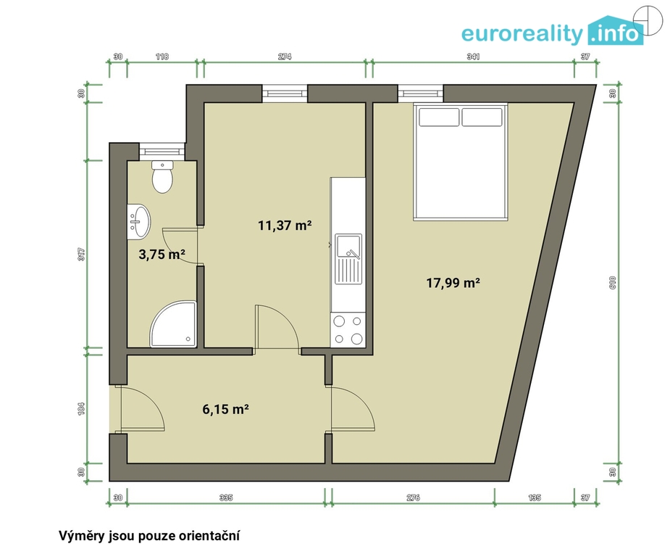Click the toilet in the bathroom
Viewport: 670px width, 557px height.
point(162,177)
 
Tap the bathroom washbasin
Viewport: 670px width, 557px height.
point(139,221)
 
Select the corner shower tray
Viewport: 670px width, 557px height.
point(174,324)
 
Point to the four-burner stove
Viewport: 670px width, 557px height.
point(348,330)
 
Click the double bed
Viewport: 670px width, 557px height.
point(460,162)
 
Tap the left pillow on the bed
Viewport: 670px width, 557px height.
point(439,117)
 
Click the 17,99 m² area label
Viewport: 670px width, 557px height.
point(453,283)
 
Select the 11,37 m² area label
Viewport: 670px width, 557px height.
point(285,225)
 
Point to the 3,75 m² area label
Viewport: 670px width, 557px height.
point(162,255)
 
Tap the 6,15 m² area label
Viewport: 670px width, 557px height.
point(225,409)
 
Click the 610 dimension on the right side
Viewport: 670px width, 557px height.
point(612,283)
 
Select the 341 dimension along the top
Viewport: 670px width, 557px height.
point(474,57)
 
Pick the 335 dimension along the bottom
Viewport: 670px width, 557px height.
point(226,498)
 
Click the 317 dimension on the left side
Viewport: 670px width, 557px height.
point(82,255)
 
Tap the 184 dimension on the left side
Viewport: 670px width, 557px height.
point(82,408)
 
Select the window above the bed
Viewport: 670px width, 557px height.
point(420,94)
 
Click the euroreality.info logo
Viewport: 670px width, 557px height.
point(553,31)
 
